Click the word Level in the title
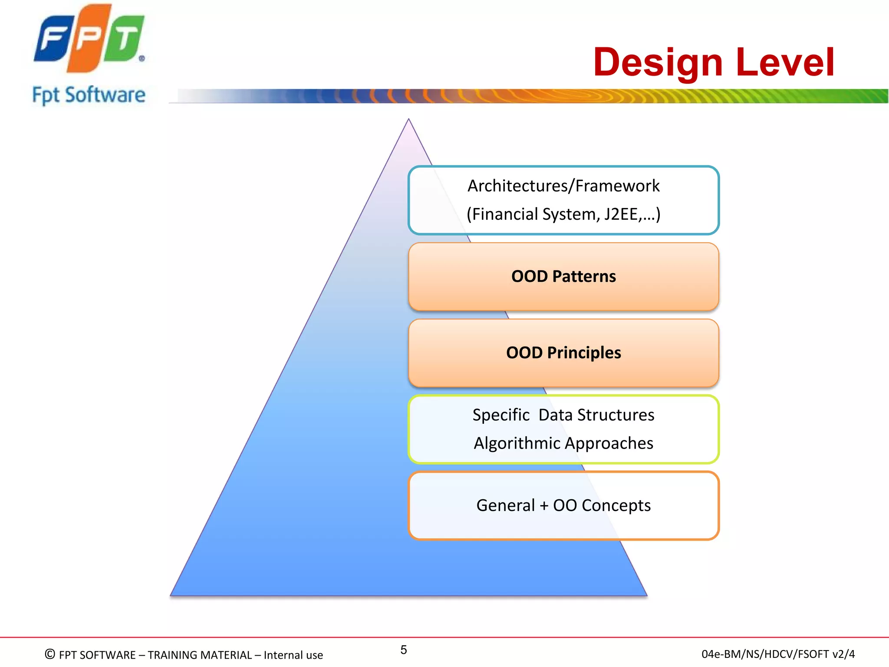[x=785, y=63]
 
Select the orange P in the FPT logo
[x=88, y=38]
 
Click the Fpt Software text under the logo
[x=89, y=95]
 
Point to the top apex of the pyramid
[x=408, y=120]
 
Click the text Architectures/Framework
[x=563, y=186]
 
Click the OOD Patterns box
[x=563, y=277]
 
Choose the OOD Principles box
[x=563, y=353]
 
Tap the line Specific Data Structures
[x=563, y=415]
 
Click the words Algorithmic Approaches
[x=563, y=443]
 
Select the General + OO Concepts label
[x=563, y=505]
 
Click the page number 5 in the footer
[x=404, y=650]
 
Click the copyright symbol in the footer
[x=50, y=654]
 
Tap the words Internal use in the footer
[x=293, y=655]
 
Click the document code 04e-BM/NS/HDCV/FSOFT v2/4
[x=778, y=654]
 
